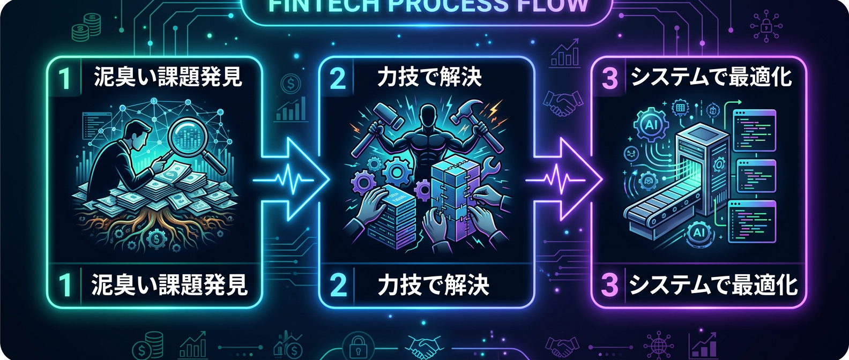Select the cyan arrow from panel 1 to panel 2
(292, 179)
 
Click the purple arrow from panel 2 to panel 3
(565, 179)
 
